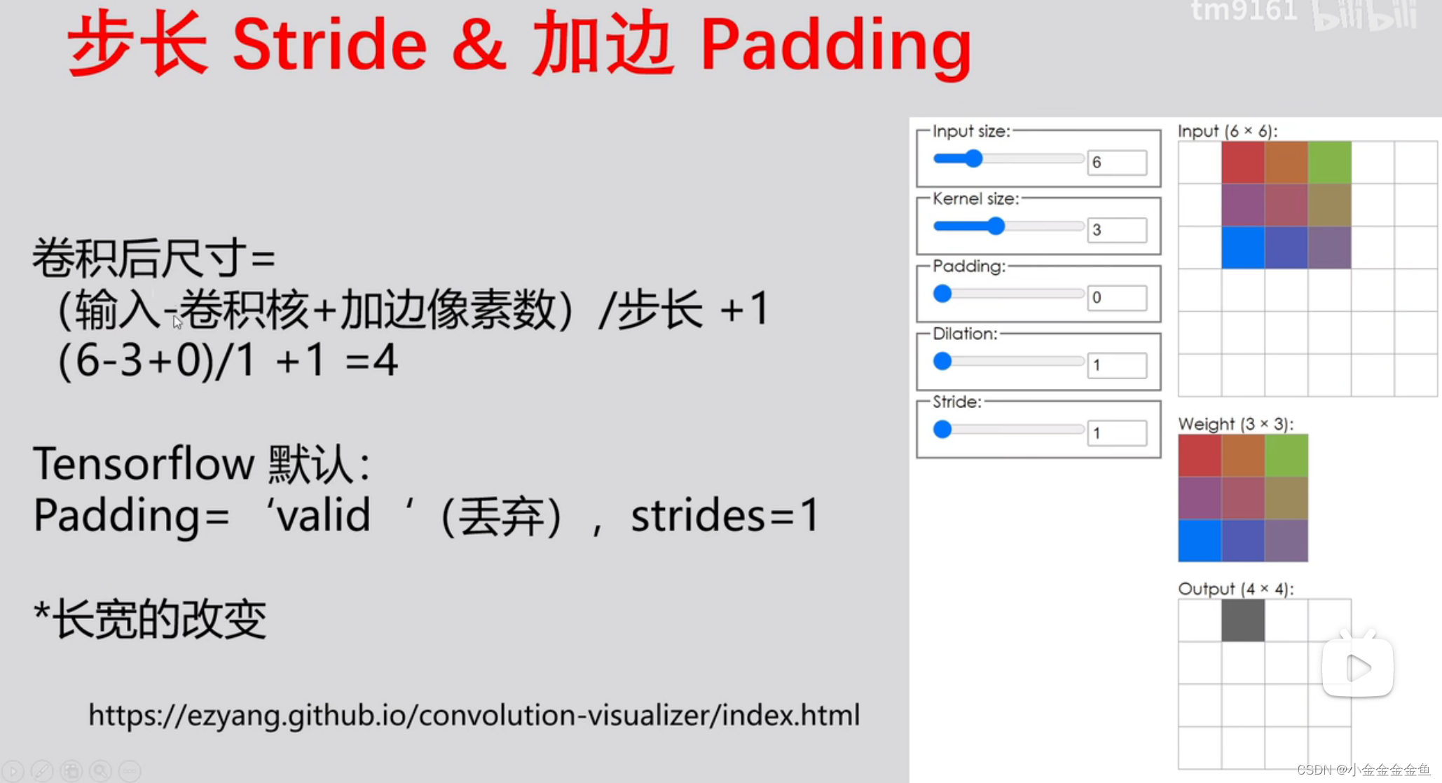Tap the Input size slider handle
pyautogui.click(x=973, y=159)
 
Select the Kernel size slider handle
pyautogui.click(x=996, y=226)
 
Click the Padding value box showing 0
pyautogui.click(x=1116, y=297)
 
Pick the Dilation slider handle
pyautogui.click(x=942, y=362)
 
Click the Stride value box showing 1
pyautogui.click(x=1116, y=433)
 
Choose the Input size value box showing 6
pyautogui.click(x=1116, y=163)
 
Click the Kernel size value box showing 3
pyautogui.click(x=1116, y=230)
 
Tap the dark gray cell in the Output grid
pyautogui.click(x=1242, y=620)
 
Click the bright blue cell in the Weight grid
pyautogui.click(x=1200, y=540)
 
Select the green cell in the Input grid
pyautogui.click(x=1329, y=163)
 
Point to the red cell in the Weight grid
pyautogui.click(x=1200, y=456)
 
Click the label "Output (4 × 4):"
pyautogui.click(x=1235, y=589)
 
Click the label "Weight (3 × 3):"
pyautogui.click(x=1235, y=424)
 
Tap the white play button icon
pyautogui.click(x=1357, y=667)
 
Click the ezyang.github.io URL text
pyautogui.click(x=474, y=716)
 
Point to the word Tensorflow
pyautogui.click(x=144, y=464)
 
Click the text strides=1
pyautogui.click(x=725, y=516)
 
